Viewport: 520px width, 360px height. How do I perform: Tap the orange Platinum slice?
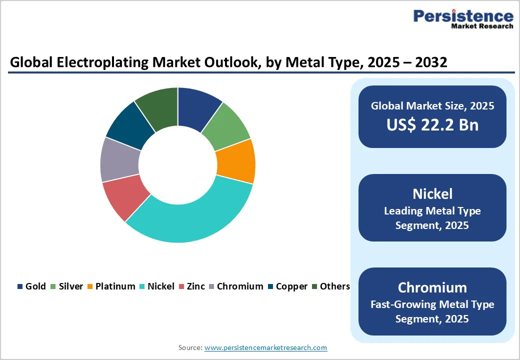235,161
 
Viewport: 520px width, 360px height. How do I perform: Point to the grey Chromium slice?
119,160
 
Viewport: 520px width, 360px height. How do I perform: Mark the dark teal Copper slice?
129,126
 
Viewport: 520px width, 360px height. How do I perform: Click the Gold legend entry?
31,286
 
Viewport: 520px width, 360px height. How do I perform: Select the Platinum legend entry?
110,286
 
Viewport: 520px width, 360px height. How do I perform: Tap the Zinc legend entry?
191,286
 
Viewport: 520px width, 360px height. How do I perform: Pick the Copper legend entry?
287,286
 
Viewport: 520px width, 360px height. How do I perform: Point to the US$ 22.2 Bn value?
432,124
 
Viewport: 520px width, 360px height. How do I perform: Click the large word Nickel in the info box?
432,193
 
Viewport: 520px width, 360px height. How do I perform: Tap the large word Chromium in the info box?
432,287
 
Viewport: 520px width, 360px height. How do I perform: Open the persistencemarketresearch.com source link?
265,347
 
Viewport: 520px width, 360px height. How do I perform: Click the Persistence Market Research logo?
463,19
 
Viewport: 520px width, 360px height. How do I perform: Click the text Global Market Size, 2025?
432,105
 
